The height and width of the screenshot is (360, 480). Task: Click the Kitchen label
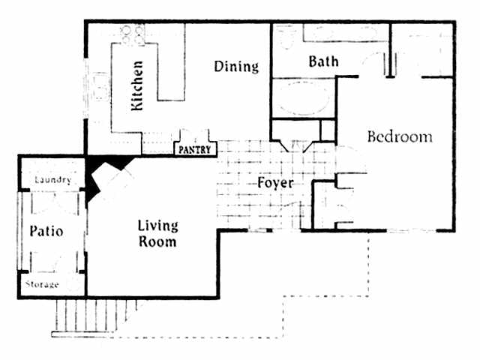tap(137, 86)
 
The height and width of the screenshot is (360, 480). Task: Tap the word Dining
tap(236, 67)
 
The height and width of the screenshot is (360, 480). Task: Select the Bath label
tap(323, 61)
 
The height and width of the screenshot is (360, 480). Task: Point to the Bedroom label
tap(400, 137)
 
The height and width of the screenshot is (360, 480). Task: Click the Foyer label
tap(274, 182)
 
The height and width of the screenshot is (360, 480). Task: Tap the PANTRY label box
tap(196, 150)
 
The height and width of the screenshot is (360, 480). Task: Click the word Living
tap(157, 226)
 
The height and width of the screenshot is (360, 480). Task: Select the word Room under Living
tap(157, 242)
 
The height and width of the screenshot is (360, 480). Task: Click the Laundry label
tap(52, 180)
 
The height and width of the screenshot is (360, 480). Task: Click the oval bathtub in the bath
tap(303, 98)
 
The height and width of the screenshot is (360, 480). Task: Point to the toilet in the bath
tap(285, 35)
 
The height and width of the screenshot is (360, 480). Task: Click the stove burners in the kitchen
tap(133, 33)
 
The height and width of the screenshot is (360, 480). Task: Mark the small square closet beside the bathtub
tap(328, 130)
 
